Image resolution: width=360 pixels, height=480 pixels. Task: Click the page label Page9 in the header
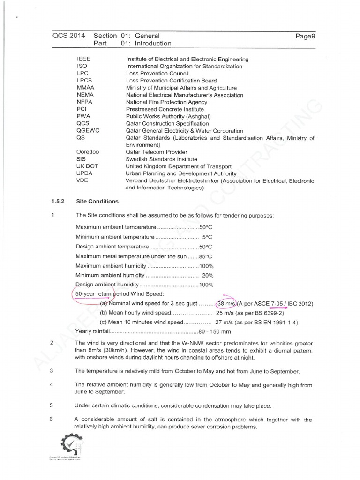305,36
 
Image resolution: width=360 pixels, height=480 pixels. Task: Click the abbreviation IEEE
82,60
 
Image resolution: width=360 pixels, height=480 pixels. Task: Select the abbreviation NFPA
84,102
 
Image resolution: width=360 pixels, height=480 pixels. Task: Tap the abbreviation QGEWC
87,131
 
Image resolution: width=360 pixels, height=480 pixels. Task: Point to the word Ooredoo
87,152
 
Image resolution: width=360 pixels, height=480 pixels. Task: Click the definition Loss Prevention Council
157,74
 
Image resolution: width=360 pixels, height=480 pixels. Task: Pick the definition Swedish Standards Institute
162,159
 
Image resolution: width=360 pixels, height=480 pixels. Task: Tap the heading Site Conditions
97,202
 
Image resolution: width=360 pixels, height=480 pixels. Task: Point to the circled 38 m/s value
226,304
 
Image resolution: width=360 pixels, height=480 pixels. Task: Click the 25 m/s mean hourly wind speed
223,313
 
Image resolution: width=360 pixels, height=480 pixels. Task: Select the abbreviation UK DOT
87,166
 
